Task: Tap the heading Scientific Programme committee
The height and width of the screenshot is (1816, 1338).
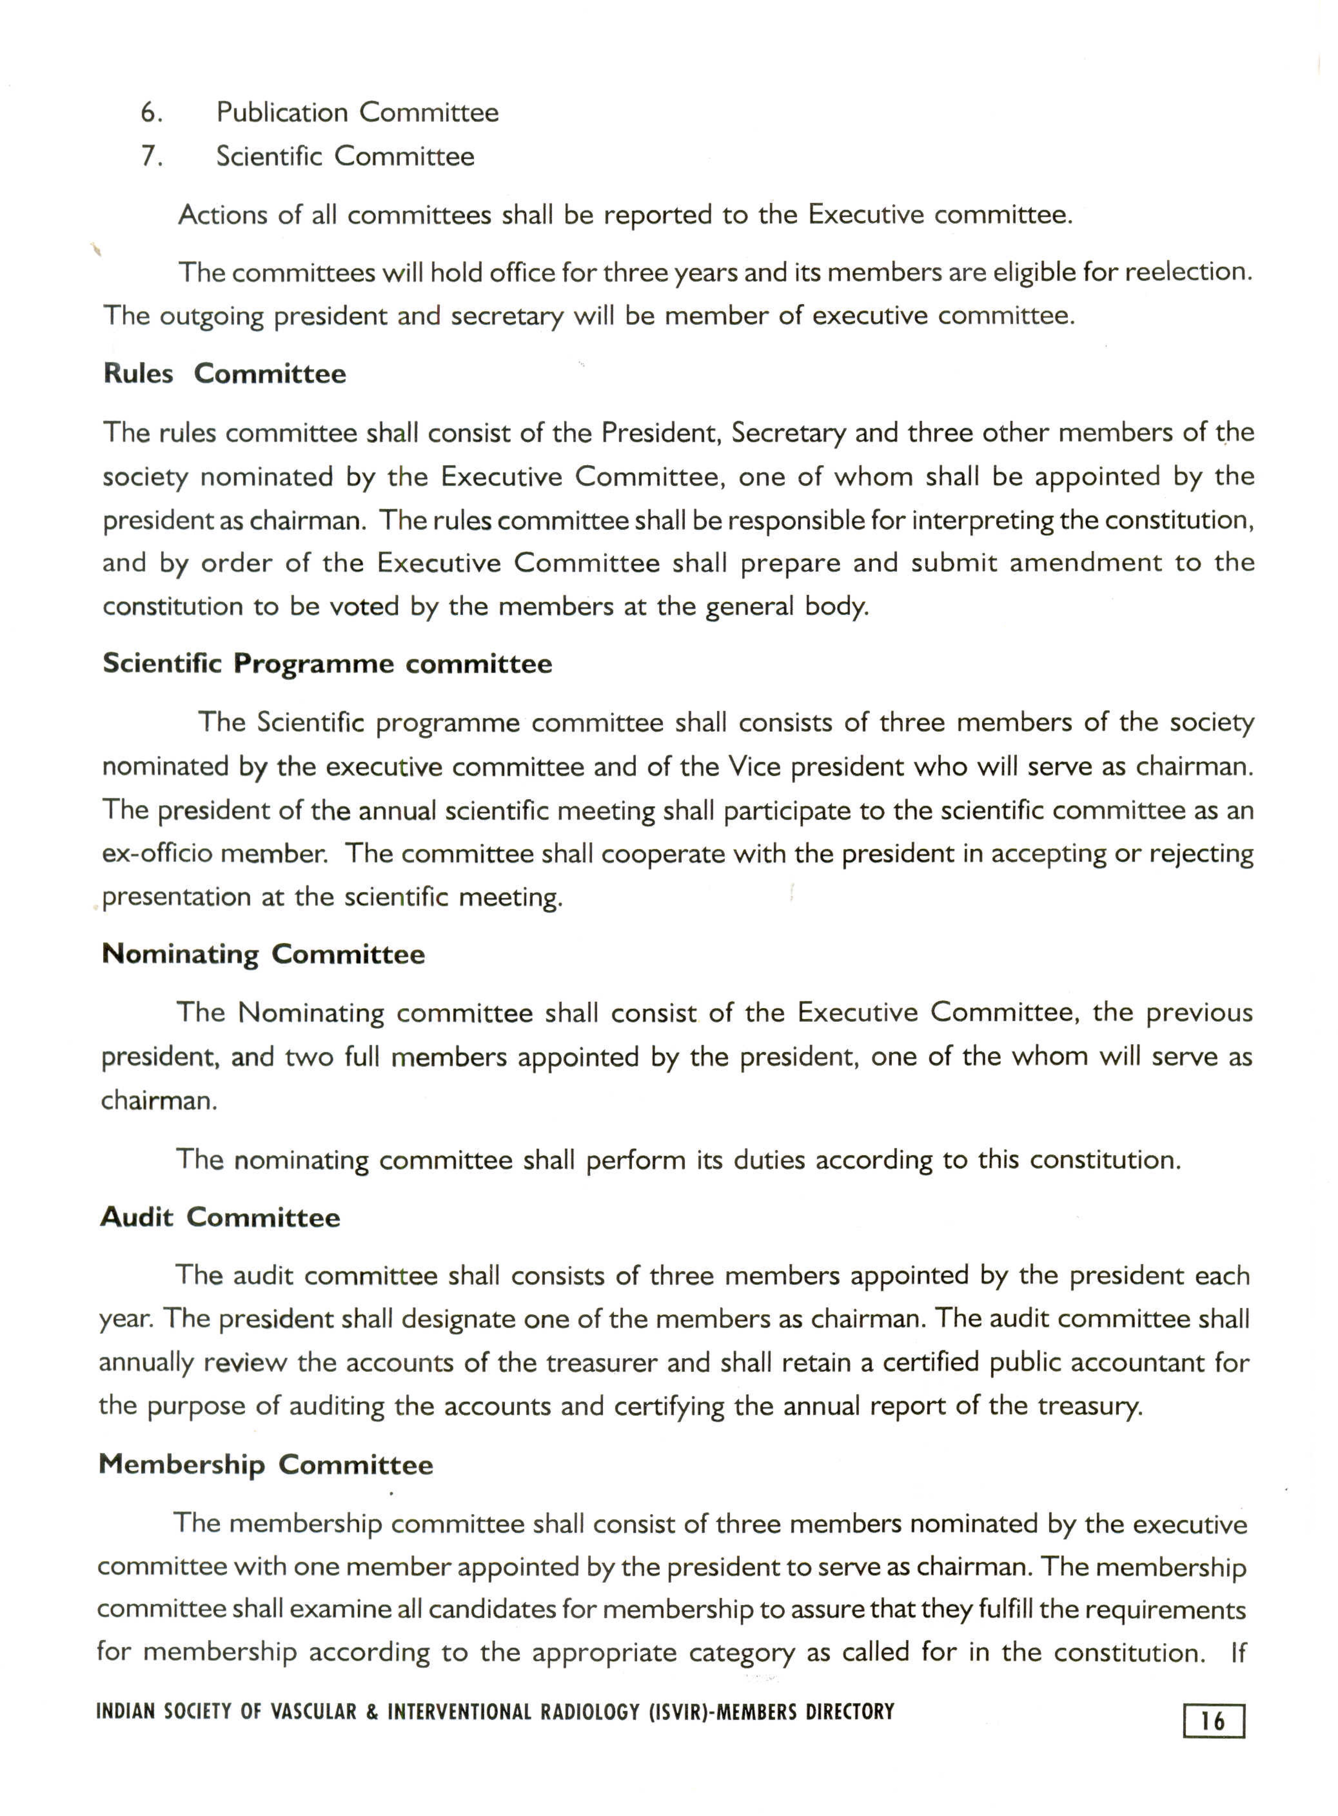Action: point(327,664)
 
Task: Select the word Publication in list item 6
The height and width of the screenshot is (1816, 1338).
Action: point(281,113)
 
